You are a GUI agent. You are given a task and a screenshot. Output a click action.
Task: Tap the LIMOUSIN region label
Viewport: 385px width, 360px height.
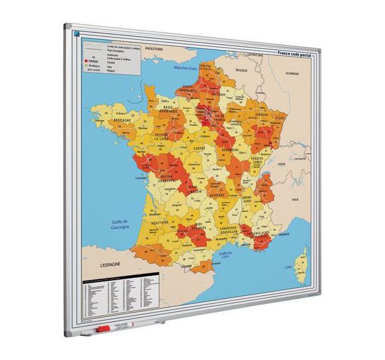pyautogui.click(x=195, y=190)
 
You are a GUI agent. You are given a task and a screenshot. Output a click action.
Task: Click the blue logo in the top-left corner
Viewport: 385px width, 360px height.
pyautogui.click(x=77, y=34)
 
